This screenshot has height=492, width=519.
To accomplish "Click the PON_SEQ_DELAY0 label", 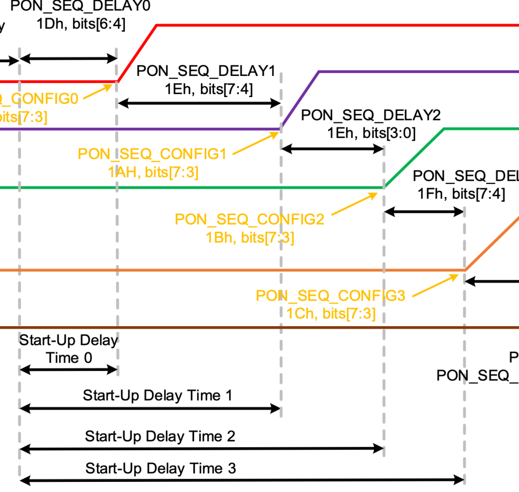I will coord(80,7).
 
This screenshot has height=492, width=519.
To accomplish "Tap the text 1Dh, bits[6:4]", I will coord(81,24).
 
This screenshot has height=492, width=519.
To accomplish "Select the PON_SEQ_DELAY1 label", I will coord(206,71).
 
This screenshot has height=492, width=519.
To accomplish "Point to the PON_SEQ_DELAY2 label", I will coord(371,115).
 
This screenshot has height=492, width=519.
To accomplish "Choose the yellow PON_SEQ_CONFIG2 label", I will coord(249,219).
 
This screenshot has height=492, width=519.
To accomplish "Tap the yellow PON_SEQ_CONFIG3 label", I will coord(331,295).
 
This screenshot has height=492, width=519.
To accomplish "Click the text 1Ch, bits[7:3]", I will coord(331,313).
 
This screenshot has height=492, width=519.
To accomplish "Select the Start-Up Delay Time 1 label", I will coord(158,395).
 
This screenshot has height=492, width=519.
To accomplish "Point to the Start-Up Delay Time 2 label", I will coord(160,436).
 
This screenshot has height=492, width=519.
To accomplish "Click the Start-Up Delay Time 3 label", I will coord(161,468).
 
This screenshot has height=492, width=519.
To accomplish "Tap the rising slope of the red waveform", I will coord(137,53).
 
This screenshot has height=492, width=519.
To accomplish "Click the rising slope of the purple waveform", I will coord(300,100).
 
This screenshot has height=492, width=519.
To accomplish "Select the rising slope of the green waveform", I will coord(414,158).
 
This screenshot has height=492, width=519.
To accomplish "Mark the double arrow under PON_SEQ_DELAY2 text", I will coord(332,149).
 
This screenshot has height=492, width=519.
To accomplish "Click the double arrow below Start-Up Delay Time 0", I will coord(68,369).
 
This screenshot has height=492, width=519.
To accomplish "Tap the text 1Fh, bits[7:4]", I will coord(461,194).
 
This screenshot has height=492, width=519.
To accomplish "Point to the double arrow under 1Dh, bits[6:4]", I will coord(68,59).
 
